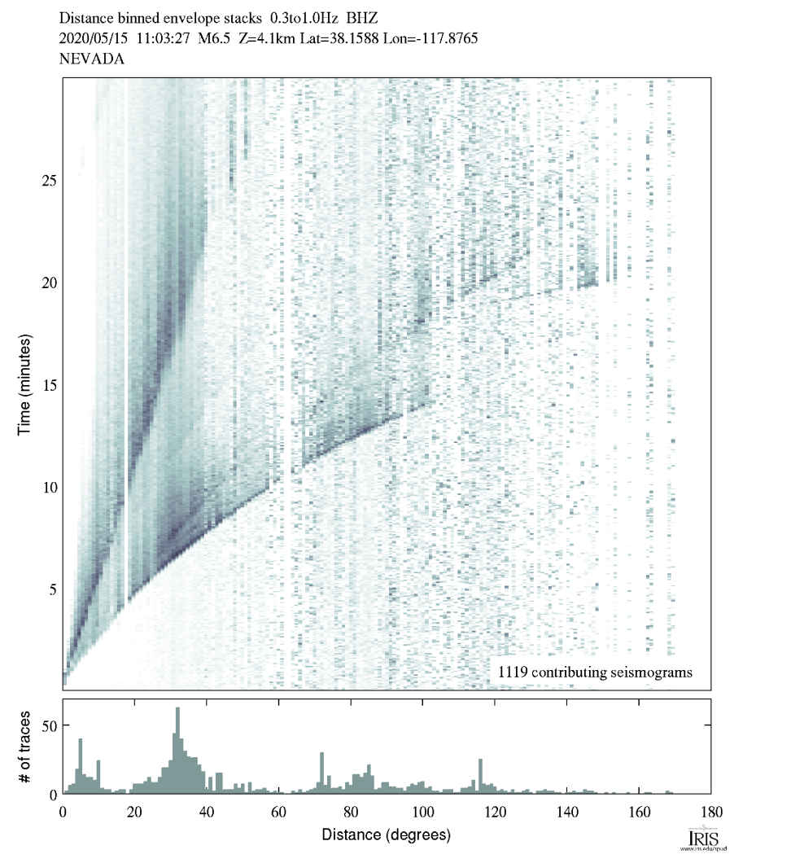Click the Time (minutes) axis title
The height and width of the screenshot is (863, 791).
[25, 383]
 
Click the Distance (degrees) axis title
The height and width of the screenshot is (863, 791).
[386, 835]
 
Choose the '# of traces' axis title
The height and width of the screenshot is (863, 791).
[25, 747]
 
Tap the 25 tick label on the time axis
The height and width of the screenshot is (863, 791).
[48, 181]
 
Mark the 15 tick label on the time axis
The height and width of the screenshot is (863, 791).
[48, 384]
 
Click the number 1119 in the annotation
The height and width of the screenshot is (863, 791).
[512, 672]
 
